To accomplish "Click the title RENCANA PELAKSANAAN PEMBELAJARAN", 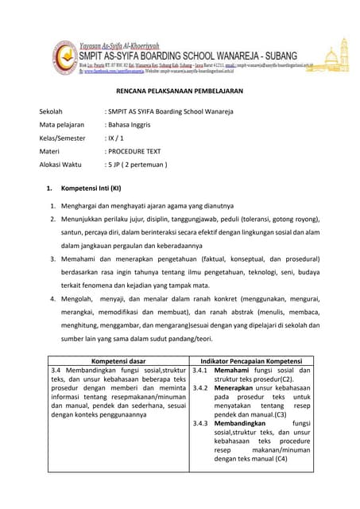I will pos(180,91).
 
